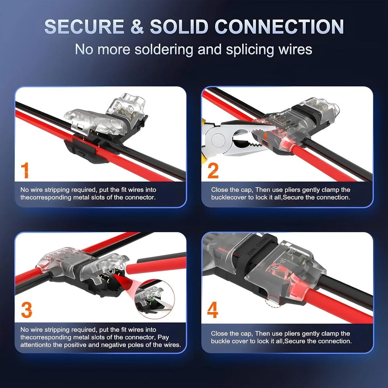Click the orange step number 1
click(x=25, y=170)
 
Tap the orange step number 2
click(x=213, y=170)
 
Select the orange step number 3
click(x=27, y=310)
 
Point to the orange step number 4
click(x=213, y=310)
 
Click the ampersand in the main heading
click(x=139, y=27)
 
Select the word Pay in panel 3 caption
click(x=163, y=337)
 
